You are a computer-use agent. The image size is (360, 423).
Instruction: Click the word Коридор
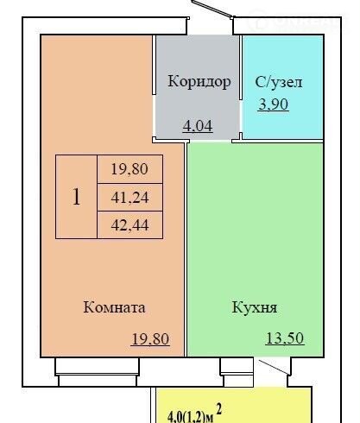(199, 82)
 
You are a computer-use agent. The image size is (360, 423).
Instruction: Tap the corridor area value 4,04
(198, 126)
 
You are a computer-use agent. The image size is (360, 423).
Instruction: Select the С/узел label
(279, 82)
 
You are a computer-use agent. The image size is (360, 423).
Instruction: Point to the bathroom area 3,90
(273, 104)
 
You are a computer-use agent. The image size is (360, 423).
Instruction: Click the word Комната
(114, 307)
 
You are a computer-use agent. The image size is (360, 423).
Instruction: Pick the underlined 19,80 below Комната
(150, 339)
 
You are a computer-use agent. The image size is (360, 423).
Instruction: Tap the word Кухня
(255, 308)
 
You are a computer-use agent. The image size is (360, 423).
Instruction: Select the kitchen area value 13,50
(285, 338)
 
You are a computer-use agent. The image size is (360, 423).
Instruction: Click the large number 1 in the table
(76, 197)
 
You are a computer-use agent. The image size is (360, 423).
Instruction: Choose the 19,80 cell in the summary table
(130, 169)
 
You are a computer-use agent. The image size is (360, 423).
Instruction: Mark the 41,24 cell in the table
(130, 198)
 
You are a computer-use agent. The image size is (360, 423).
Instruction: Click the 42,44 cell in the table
(130, 225)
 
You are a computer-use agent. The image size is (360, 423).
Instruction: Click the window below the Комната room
(97, 372)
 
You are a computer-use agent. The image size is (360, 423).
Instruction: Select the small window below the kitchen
(237, 372)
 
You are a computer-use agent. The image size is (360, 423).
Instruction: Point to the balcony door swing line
(274, 367)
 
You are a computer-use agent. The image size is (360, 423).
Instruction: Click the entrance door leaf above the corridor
(212, 9)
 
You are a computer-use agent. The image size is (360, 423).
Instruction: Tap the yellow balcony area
(234, 406)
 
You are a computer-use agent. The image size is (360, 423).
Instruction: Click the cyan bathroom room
(283, 87)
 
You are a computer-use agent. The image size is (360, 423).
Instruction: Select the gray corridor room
(198, 87)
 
